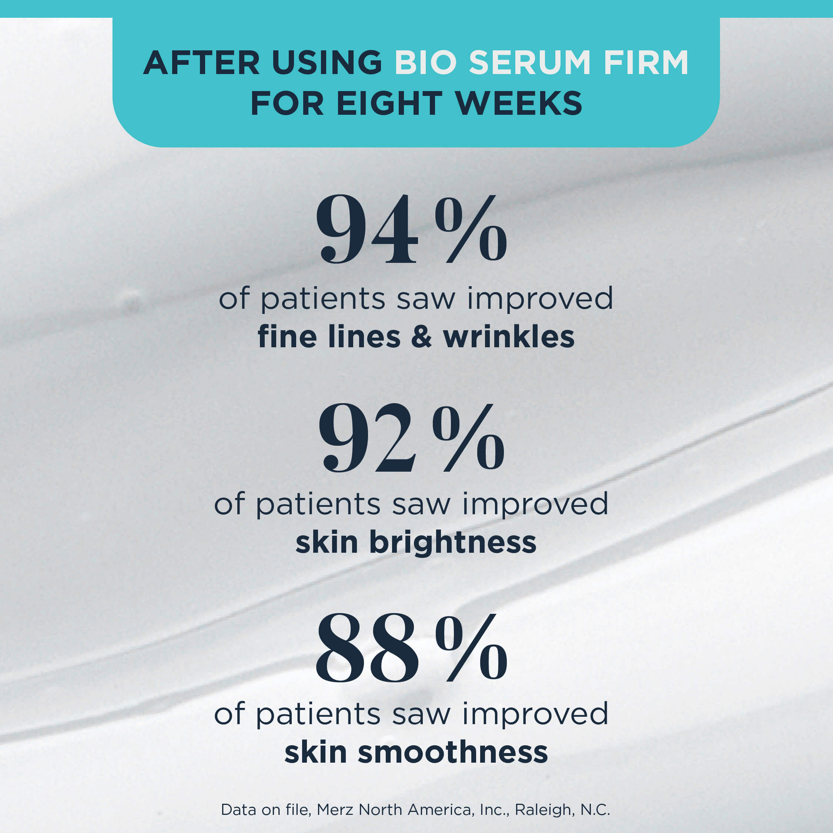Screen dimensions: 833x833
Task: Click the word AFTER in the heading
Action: tap(201, 63)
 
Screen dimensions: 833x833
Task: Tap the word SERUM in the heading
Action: tap(529, 63)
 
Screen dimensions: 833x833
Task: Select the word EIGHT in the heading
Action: tap(390, 104)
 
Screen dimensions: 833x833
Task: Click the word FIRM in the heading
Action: tap(646, 63)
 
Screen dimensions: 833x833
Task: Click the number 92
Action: tap(367, 437)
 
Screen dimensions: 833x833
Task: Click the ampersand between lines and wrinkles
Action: tap(421, 337)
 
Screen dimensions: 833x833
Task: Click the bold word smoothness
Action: tap(453, 752)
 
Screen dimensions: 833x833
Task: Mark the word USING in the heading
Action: tap(327, 63)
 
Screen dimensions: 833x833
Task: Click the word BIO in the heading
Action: tap(425, 63)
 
